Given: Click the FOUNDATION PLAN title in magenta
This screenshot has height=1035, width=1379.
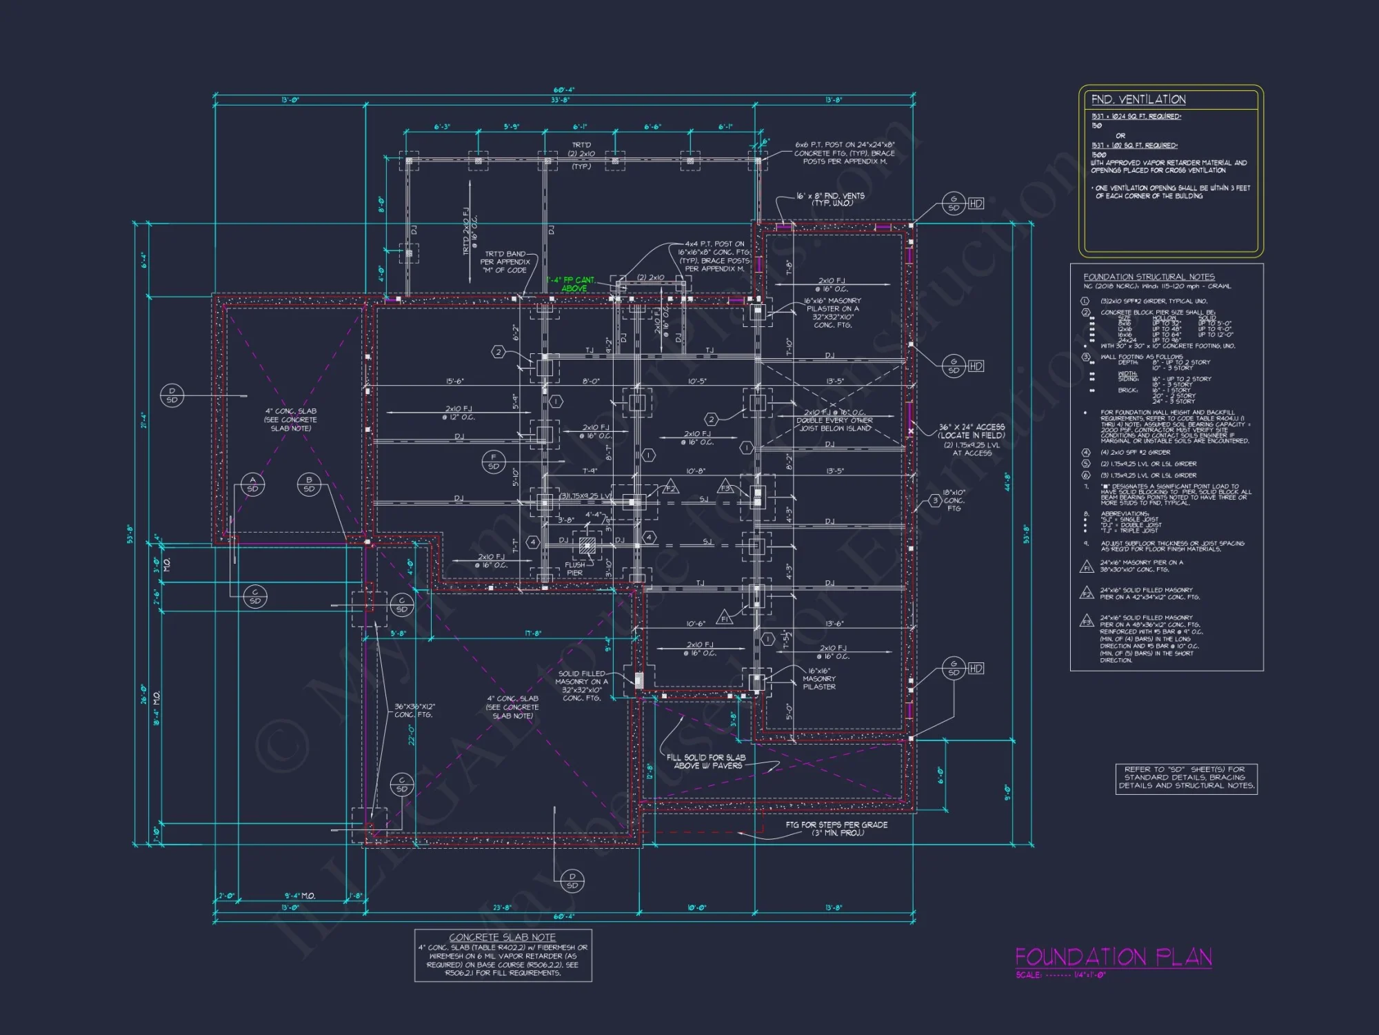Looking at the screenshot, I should [x=1113, y=957].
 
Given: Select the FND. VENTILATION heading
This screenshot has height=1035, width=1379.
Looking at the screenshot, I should [x=1138, y=100].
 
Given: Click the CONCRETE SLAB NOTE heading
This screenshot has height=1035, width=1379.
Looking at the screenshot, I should [x=502, y=937].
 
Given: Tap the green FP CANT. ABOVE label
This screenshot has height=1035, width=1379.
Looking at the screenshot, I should [x=572, y=284].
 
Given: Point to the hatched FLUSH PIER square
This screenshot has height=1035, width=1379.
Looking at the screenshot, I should [x=587, y=545].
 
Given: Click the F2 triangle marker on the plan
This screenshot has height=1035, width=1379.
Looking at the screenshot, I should [x=670, y=488].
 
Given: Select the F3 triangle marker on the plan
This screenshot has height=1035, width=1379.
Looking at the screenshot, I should [x=725, y=487].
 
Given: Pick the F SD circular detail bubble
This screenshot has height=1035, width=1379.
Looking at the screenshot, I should [x=494, y=462].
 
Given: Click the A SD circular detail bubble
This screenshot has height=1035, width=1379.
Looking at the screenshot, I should [x=252, y=484].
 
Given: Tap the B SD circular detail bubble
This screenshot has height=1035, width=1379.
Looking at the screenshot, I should [x=309, y=484].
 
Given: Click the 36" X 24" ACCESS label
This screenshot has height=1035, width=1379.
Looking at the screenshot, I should [x=972, y=428].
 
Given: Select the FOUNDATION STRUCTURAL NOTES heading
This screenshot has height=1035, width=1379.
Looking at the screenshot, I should [x=1149, y=277].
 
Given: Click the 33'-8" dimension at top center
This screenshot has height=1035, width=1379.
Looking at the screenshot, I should [x=560, y=101].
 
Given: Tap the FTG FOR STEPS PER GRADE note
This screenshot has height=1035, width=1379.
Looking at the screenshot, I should [x=836, y=825].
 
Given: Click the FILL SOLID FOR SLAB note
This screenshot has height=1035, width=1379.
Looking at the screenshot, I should [x=705, y=758].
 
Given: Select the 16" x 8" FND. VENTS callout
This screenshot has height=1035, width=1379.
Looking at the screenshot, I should [x=830, y=196].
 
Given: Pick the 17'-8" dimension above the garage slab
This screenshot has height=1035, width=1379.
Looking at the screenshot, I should [x=533, y=633].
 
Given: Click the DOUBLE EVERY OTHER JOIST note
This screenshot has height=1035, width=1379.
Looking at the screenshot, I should [x=834, y=420].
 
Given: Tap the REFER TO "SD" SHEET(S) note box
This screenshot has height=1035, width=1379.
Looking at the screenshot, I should [x=1186, y=778].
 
